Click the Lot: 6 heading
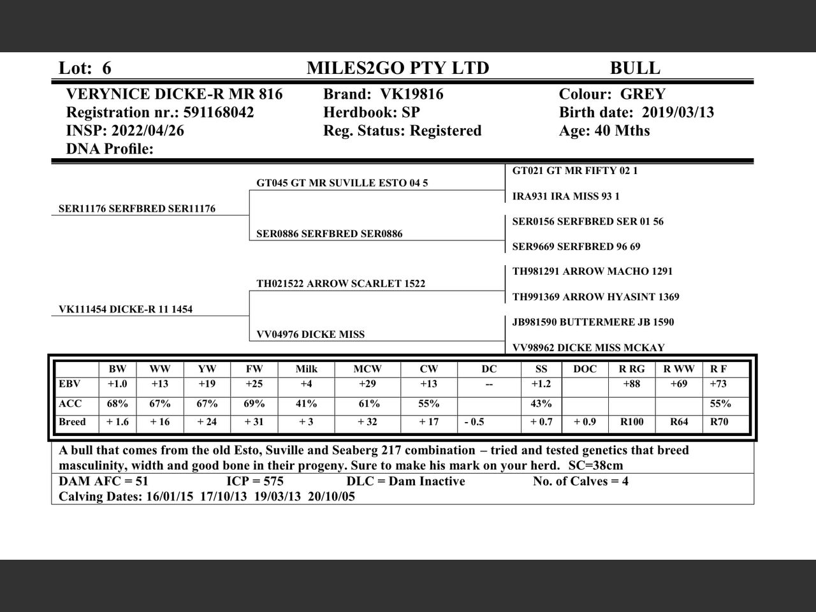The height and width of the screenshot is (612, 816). (85, 68)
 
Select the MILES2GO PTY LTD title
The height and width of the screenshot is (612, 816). (398, 68)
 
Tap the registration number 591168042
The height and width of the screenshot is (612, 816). (219, 113)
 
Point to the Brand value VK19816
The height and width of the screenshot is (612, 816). (412, 94)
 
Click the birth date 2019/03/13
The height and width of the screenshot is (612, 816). (678, 113)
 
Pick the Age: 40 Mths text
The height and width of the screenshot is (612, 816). (604, 131)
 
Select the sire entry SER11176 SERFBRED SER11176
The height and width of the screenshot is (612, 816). (137, 208)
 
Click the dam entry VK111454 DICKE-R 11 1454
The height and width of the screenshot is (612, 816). (126, 309)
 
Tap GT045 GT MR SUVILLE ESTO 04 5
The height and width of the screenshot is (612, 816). (342, 183)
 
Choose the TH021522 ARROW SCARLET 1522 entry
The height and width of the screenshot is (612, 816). (340, 284)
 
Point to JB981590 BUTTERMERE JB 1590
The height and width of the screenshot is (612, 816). (593, 322)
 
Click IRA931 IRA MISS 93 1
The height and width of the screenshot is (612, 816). (565, 196)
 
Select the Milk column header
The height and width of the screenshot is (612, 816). (307, 369)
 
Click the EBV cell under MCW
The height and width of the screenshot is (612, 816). (368, 384)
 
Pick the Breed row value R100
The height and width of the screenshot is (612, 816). (632, 421)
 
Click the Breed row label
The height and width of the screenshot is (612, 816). (72, 421)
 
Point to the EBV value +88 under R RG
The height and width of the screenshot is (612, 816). (632, 384)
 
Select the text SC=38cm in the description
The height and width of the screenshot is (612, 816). (595, 465)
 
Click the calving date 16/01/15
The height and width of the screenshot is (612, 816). (170, 497)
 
